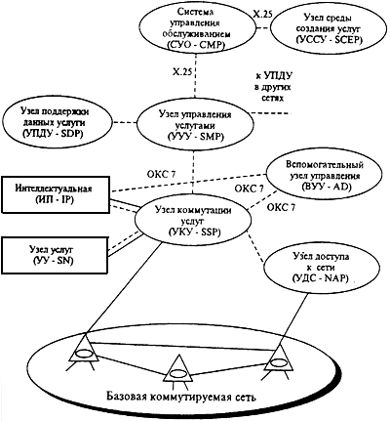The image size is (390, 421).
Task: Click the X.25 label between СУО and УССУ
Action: pos(262,14)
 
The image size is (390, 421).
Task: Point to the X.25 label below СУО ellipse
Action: pos(181,71)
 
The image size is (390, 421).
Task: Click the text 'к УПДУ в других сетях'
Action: pos(273,87)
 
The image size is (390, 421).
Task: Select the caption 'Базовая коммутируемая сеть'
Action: pos(181,397)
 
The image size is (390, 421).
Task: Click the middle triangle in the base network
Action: pos(177,369)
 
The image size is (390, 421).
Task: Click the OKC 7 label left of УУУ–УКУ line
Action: pos(160,174)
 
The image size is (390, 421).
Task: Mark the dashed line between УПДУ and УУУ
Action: pos(126,123)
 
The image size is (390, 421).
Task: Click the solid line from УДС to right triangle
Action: pos(292,316)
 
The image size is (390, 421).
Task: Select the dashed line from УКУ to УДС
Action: pos(255,246)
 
